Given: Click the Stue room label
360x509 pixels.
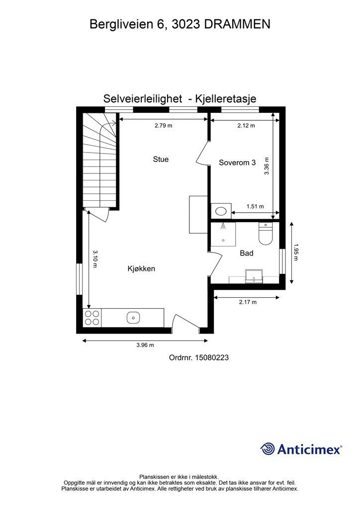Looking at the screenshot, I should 160,160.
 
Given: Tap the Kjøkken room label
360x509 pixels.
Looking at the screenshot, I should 141,269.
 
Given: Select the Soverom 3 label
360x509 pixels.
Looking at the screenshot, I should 238,163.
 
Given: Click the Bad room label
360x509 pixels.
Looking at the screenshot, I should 247,253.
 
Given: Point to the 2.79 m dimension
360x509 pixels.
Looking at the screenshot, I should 163,126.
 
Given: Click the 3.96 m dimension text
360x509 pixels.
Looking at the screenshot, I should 145,345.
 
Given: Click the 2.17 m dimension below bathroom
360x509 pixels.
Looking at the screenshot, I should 247,302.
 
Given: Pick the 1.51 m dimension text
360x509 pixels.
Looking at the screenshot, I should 255,207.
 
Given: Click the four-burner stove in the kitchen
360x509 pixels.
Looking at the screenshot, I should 91,317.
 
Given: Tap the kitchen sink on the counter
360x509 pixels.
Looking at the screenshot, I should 133,317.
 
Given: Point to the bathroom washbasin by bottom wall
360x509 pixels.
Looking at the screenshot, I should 254,276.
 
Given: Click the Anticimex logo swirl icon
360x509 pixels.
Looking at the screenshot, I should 268,449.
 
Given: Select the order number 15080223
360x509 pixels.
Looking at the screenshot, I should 212,357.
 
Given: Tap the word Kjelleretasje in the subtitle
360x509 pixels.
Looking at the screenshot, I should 227,99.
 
